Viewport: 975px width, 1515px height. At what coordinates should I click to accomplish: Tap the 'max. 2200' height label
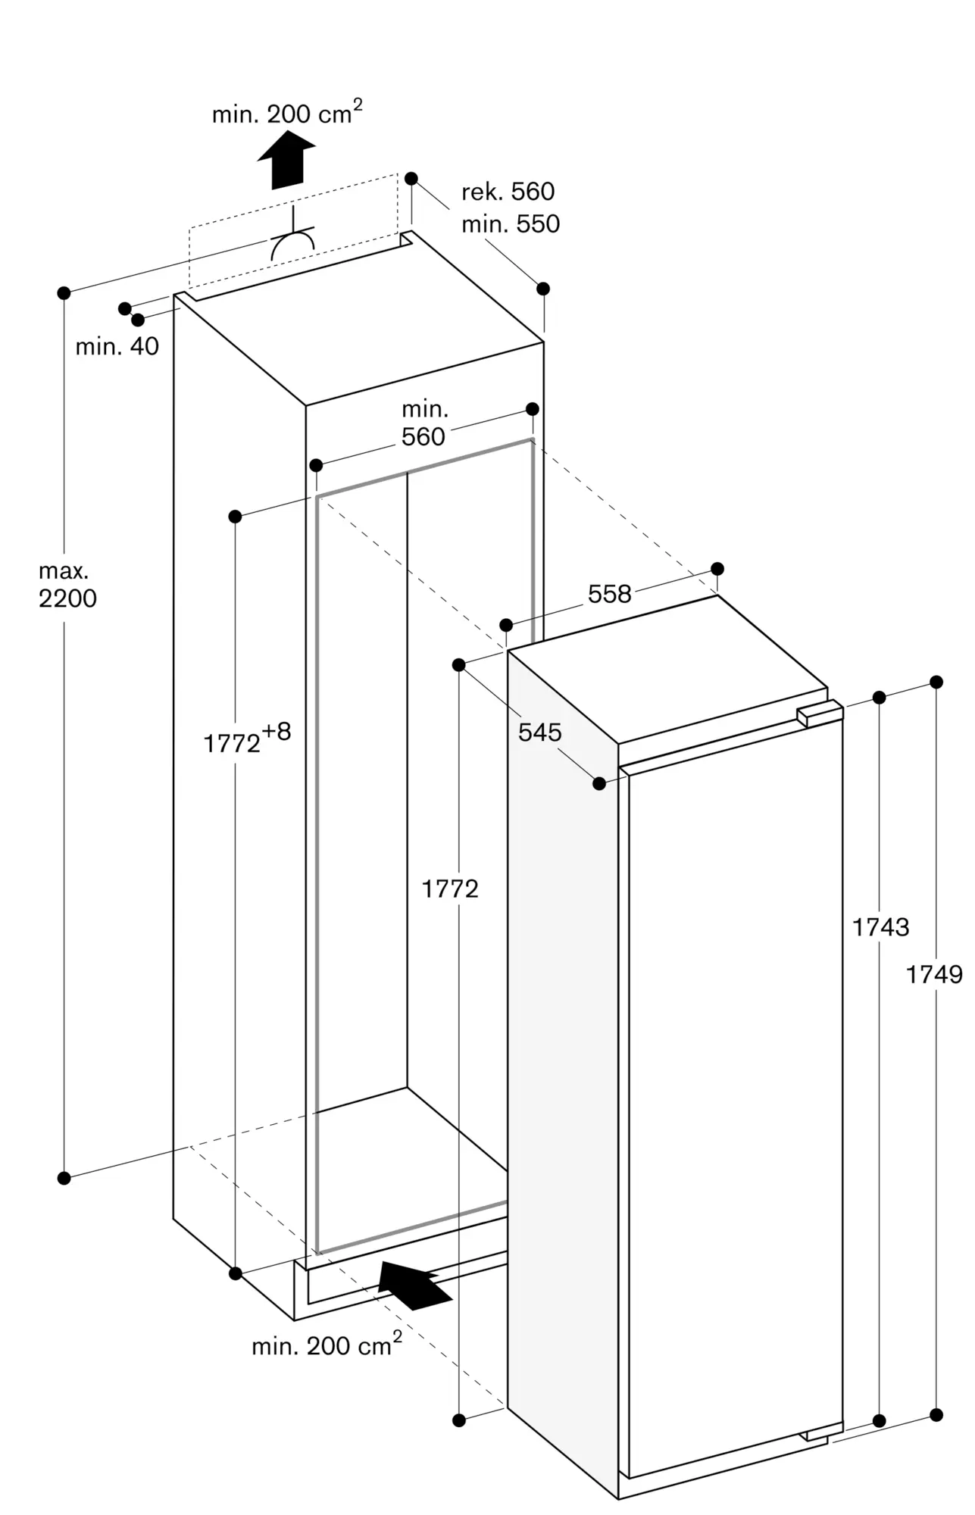click(67, 585)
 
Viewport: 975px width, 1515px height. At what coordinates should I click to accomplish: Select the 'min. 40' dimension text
click(117, 346)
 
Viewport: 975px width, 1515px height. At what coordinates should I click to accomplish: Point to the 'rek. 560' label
click(508, 192)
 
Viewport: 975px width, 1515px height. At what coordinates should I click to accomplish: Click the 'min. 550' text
click(511, 224)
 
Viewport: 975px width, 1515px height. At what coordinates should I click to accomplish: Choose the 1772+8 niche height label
click(247, 739)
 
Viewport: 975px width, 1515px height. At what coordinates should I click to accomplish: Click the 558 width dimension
click(609, 594)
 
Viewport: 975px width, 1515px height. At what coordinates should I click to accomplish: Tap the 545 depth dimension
click(539, 732)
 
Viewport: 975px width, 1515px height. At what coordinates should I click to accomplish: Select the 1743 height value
click(880, 926)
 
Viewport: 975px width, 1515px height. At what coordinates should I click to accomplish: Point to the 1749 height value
click(934, 974)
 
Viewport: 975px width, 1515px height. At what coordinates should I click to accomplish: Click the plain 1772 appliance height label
click(450, 889)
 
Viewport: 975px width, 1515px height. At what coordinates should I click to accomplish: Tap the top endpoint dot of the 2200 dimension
click(64, 292)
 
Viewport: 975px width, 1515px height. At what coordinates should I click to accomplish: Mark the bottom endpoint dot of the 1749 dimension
click(936, 1414)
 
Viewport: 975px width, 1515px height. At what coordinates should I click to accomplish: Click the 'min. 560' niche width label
click(423, 423)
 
